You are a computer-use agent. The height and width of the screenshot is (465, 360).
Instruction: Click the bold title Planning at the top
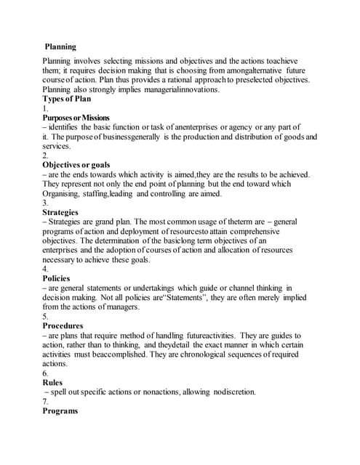pyautogui.click(x=60, y=46)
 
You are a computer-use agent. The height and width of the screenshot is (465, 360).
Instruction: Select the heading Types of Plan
pyautogui.click(x=67, y=99)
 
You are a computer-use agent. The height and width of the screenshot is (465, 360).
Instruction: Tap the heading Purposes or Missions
pyautogui.click(x=76, y=118)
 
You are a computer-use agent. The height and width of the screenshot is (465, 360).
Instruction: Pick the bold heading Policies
pyautogui.click(x=57, y=278)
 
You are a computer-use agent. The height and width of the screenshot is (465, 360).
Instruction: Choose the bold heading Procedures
pyautogui.click(x=63, y=325)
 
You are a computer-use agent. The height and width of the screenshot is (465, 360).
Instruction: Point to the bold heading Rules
pyautogui.click(x=52, y=382)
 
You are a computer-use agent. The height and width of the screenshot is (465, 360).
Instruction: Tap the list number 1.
pyautogui.click(x=45, y=108)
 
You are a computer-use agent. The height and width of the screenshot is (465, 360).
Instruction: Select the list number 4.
pyautogui.click(x=46, y=269)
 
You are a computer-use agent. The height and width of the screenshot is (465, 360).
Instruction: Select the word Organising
pyautogui.click(x=63, y=193)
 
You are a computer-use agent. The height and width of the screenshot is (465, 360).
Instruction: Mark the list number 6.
pyautogui.click(x=46, y=373)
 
